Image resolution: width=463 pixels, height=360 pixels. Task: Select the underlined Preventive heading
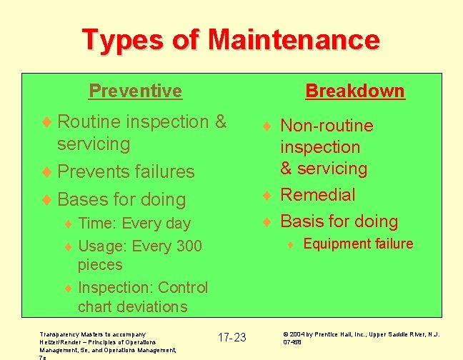tap(135, 91)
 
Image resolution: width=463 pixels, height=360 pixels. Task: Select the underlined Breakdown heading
tap(354, 91)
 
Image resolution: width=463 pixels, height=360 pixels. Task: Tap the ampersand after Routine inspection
tap(220, 121)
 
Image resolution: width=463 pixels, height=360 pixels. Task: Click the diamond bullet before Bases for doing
tap(47, 199)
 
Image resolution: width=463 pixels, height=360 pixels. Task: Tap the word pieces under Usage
tap(100, 264)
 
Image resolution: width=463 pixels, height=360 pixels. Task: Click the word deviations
tap(153, 306)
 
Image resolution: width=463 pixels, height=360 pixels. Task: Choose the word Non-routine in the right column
tap(327, 126)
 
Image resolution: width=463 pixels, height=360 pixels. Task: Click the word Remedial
tap(317, 194)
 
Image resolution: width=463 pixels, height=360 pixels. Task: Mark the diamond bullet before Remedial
tap(266, 195)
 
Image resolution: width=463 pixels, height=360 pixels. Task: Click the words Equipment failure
tap(358, 244)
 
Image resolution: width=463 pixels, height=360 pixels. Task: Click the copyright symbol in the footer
tap(286, 334)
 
